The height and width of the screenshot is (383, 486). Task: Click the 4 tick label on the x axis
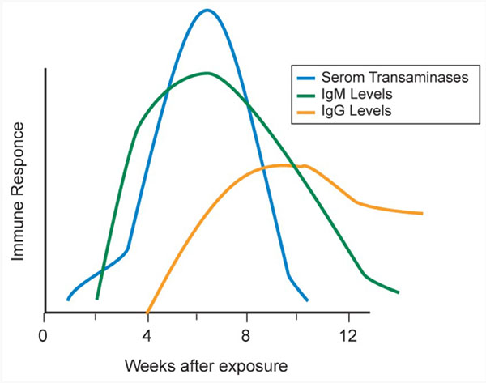(147, 333)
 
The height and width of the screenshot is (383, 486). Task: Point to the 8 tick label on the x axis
(249, 333)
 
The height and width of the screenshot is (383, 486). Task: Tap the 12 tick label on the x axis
(349, 333)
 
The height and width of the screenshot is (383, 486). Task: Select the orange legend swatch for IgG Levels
(308, 110)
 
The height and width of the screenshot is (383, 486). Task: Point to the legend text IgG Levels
(352, 110)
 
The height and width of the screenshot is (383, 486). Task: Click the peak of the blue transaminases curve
(207, 10)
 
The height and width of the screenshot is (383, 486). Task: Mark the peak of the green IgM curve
(207, 73)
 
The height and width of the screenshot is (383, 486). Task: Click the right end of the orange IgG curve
(422, 214)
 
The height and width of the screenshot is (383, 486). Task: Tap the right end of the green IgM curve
(399, 292)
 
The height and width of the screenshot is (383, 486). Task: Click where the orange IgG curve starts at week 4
(147, 311)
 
